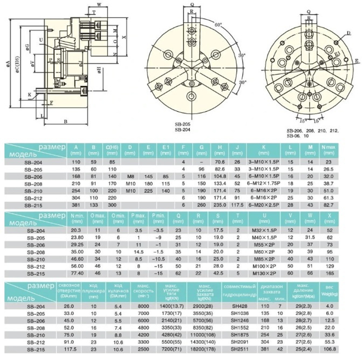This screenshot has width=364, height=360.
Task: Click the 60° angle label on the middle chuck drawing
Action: coord(218,25)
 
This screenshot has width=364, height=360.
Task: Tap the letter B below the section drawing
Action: coord(65,121)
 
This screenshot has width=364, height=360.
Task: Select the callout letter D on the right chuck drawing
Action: coord(348,33)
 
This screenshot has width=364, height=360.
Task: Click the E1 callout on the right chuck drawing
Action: coord(337,54)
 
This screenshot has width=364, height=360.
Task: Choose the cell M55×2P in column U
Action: coord(262,244)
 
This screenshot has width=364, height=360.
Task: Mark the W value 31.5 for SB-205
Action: coord(310,237)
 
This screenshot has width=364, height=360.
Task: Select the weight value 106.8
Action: coord(330,348)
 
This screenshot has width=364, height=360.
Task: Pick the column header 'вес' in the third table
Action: coord(330,288)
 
